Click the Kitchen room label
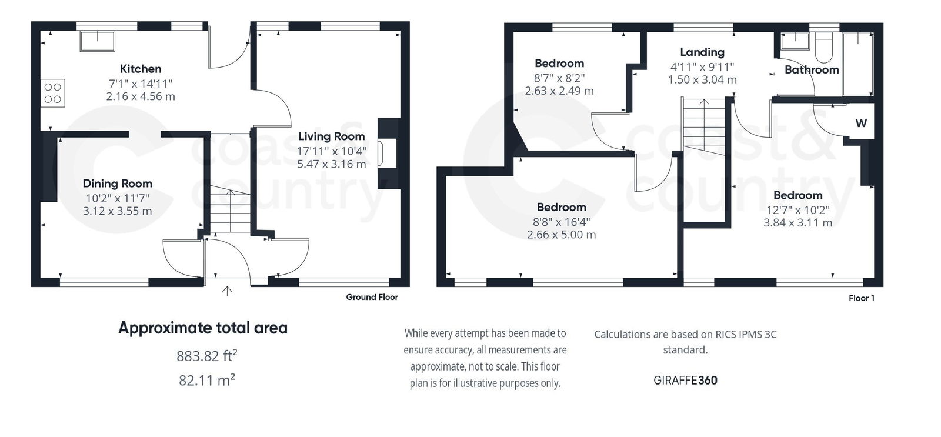[x=141, y=69]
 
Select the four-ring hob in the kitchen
[x=53, y=93]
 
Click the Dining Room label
[x=117, y=184]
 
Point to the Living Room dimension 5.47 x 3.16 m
[x=331, y=164]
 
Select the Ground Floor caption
[x=372, y=297]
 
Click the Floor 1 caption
[x=861, y=298]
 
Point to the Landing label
[x=702, y=52]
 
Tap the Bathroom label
[x=812, y=70]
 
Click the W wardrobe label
[x=860, y=124]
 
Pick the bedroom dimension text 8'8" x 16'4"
[x=562, y=222]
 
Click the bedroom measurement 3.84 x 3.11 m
[x=797, y=223]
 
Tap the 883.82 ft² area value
[x=207, y=356]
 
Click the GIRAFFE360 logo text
[x=685, y=381]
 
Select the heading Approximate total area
[x=203, y=328]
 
